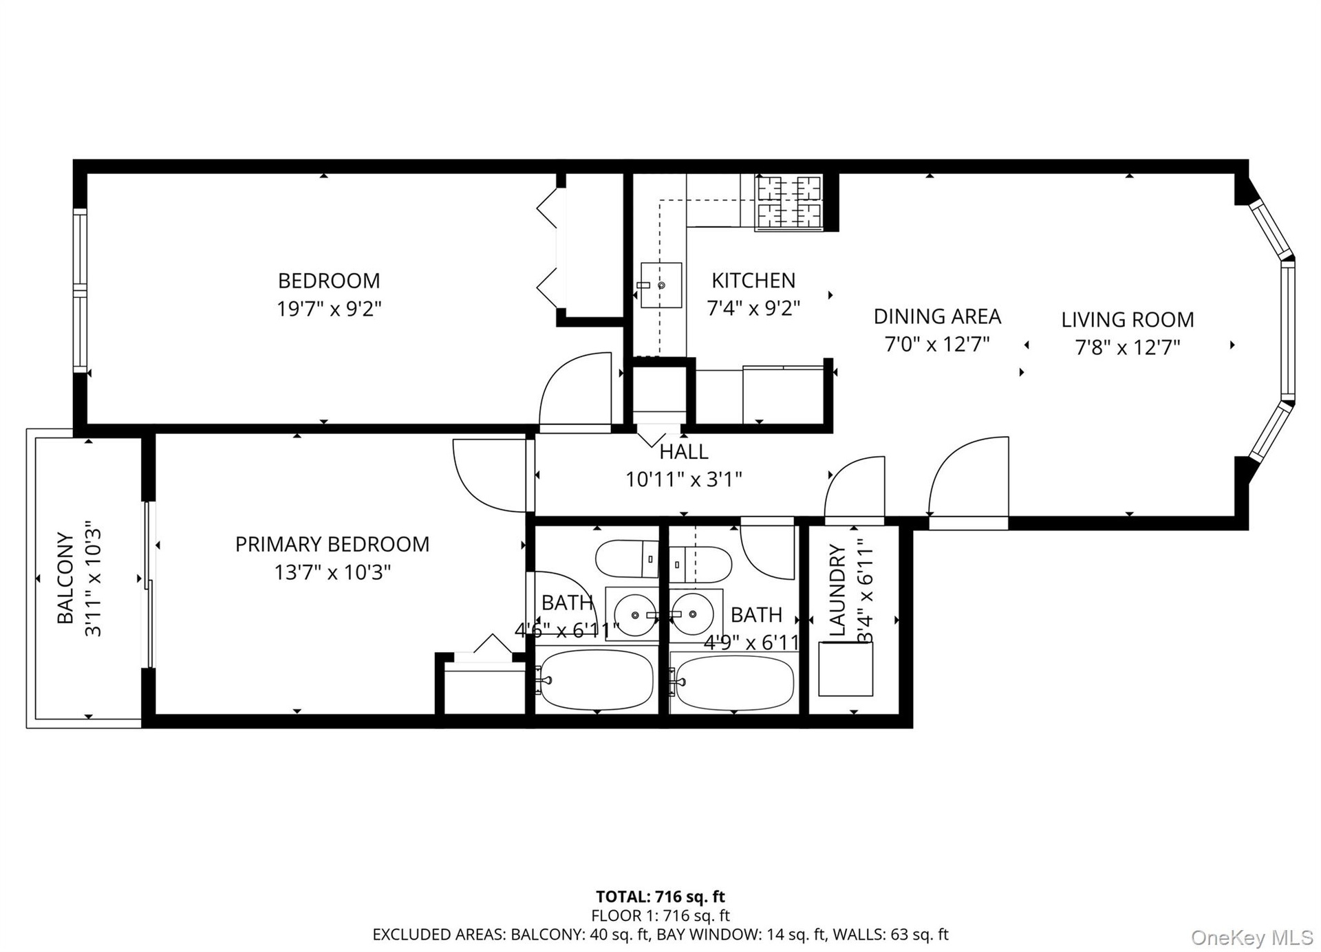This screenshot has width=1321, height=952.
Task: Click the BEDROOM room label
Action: click(329, 281)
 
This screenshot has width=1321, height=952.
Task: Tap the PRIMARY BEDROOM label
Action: click(332, 544)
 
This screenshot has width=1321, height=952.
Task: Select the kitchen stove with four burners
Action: click(789, 202)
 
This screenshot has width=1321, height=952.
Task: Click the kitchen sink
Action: click(661, 285)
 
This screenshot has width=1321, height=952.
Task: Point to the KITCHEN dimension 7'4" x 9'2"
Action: click(753, 308)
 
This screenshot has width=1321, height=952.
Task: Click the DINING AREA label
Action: click(937, 316)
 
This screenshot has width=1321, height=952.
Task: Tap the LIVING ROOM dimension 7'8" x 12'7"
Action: click(1128, 347)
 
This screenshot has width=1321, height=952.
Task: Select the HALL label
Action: click(684, 452)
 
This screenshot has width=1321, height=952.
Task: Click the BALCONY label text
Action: click(65, 578)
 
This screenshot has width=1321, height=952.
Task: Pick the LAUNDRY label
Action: click(837, 590)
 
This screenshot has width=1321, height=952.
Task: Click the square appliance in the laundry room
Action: click(846, 669)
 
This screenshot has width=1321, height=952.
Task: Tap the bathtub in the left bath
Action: click(596, 680)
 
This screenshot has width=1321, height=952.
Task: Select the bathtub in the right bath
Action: click(733, 682)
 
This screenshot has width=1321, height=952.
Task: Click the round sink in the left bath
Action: click(634, 614)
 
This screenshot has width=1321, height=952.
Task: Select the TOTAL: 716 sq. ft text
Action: click(660, 896)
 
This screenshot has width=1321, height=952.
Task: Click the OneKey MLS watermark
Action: click(1252, 937)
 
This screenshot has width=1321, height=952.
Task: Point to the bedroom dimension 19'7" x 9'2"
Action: click(329, 309)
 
